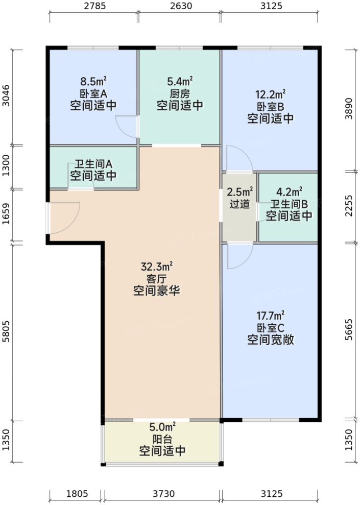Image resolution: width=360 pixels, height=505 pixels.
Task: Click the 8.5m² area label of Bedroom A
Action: point(93,81)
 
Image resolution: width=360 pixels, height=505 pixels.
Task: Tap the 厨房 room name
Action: point(180,93)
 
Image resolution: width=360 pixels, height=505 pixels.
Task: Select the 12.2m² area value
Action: point(270,94)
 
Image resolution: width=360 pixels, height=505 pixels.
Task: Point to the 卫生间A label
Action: point(93,164)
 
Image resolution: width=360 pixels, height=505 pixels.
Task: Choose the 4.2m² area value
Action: point(289,192)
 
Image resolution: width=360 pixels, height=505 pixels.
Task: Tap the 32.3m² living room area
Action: point(157,266)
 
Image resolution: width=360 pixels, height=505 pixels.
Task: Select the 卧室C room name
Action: point(270,327)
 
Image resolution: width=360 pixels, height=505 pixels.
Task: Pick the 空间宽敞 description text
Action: point(270,340)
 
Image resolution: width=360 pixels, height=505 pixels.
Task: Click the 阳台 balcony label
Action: point(162,438)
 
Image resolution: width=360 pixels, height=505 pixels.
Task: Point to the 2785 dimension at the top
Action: point(93,7)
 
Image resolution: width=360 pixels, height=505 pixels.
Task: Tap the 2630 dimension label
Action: point(179,7)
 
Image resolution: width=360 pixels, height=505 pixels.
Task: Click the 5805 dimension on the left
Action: point(6,331)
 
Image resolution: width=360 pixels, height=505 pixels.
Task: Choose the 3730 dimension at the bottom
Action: point(163,494)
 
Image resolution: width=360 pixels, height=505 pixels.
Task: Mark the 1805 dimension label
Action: point(77,494)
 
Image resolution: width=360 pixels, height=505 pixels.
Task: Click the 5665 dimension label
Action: point(349,332)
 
